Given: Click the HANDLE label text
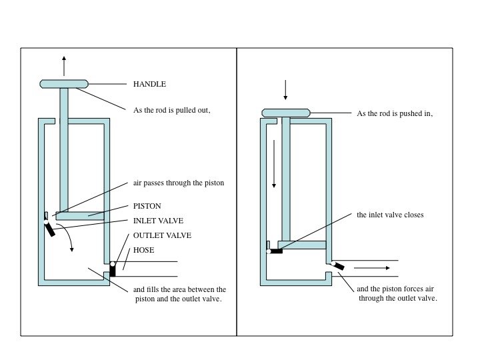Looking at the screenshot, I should coord(149,85).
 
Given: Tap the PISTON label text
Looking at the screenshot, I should coord(147,206).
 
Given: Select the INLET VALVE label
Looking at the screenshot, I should coord(158,221).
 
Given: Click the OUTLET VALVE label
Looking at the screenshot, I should coord(162,236).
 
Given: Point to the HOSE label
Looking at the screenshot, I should coord(144,250).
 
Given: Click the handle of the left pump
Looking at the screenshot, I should coord(64,84).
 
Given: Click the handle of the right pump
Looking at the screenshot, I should coord(286,113).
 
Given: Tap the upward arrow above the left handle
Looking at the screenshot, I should coord(64,65).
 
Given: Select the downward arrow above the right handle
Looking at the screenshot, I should coord(286,90).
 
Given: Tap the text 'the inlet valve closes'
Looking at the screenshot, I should coord(389,215).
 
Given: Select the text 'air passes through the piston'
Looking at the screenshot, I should coord(179,182).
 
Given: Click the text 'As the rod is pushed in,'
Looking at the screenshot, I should coord(395,113).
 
